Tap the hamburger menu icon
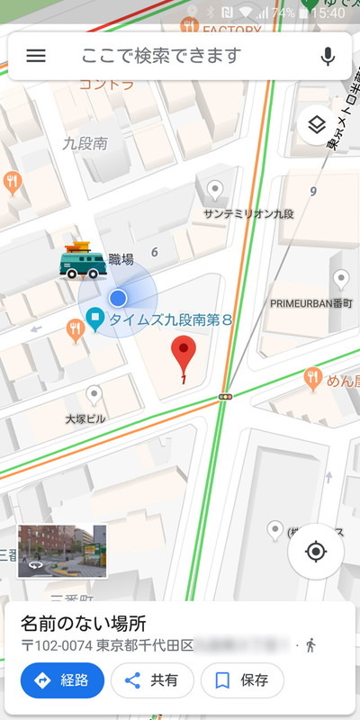36,56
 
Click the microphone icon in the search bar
328,56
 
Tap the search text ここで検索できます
161,56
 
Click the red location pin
184,353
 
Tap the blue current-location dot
118,299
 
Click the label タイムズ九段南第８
171,319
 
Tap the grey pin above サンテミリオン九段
215,189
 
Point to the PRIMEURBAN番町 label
310,303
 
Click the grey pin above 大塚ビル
94,394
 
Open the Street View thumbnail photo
62,551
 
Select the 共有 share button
152,680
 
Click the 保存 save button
242,680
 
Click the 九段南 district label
85,142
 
